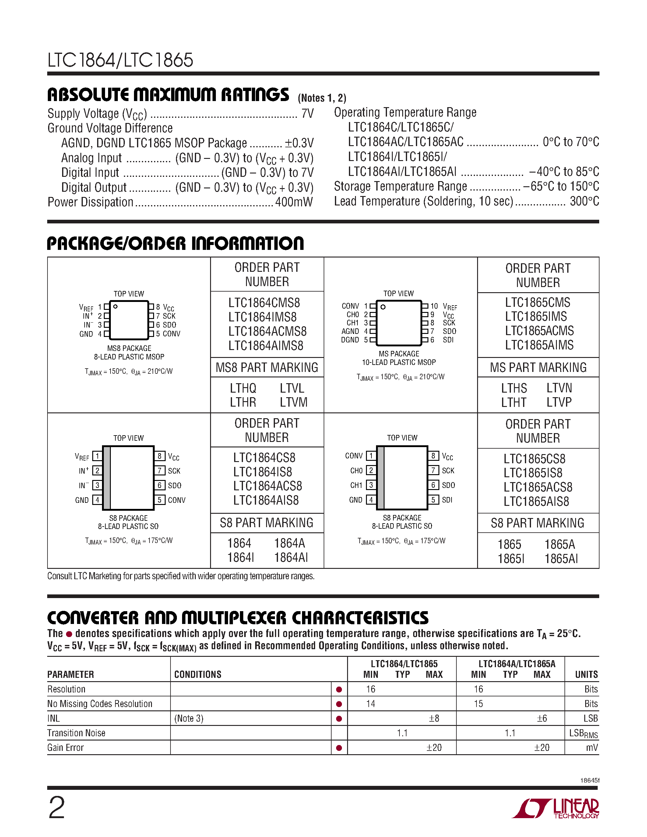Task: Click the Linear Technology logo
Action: [x=556, y=808]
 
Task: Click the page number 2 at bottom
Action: [x=57, y=807]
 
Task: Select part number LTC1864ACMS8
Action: [x=267, y=331]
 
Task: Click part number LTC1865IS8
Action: [x=533, y=473]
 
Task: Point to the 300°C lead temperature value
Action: [x=584, y=201]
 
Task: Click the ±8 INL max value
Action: [x=434, y=718]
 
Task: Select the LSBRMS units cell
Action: [x=583, y=733]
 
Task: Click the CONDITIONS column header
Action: [x=198, y=674]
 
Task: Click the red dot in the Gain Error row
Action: [x=339, y=748]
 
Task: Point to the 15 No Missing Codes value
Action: [x=478, y=704]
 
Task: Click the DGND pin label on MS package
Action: [x=350, y=340]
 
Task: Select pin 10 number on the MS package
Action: [x=434, y=306]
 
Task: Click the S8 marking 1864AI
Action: [x=290, y=558]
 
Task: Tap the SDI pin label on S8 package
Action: [x=447, y=500]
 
